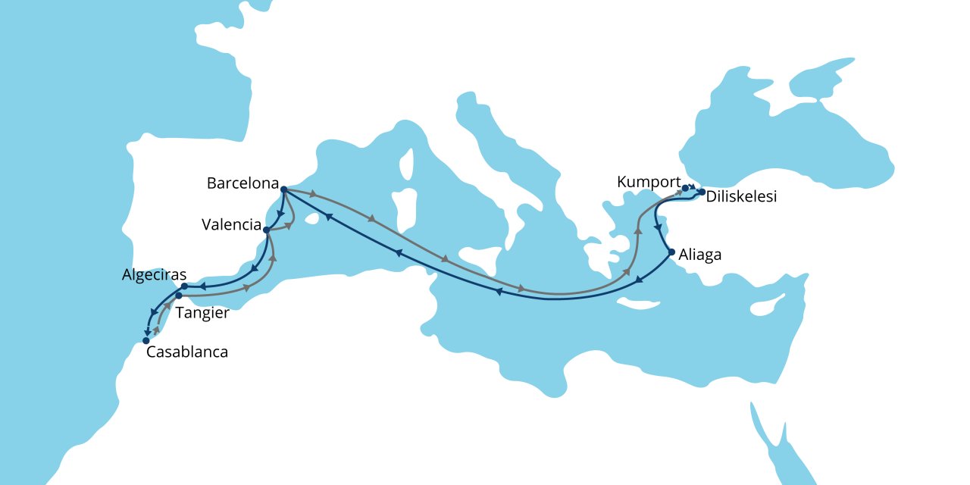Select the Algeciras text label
pos(154,275)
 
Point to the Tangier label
pos(202,312)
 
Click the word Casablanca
pos(186,352)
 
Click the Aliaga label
pos(701,255)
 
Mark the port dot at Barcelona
pos(283,189)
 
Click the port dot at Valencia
pos(266,229)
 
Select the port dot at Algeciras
pos(184,286)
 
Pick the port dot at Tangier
pos(179,296)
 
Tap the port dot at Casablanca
pos(145,341)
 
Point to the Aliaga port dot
pos(671,252)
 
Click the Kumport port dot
pos(684,188)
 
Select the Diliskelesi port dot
pos(702,192)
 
